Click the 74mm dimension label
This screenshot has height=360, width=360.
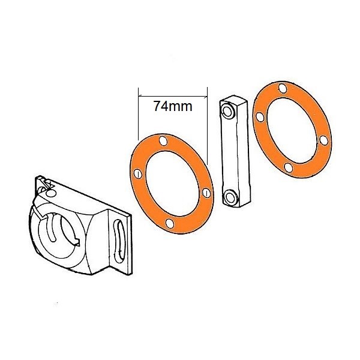coord(173,106)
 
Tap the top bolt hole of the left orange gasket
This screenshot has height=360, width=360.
coord(163,141)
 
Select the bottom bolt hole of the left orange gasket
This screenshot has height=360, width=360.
coord(170,223)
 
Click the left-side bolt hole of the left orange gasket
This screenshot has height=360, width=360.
coord(138,174)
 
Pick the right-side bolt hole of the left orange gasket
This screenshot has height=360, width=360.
coord(206,193)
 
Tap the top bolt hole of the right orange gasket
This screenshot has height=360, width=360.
coord(283,88)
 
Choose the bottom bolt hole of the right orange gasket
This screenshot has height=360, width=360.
coord(289,167)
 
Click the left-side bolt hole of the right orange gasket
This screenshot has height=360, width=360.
coord(260,117)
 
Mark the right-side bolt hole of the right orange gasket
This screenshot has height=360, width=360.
coord(324,140)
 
